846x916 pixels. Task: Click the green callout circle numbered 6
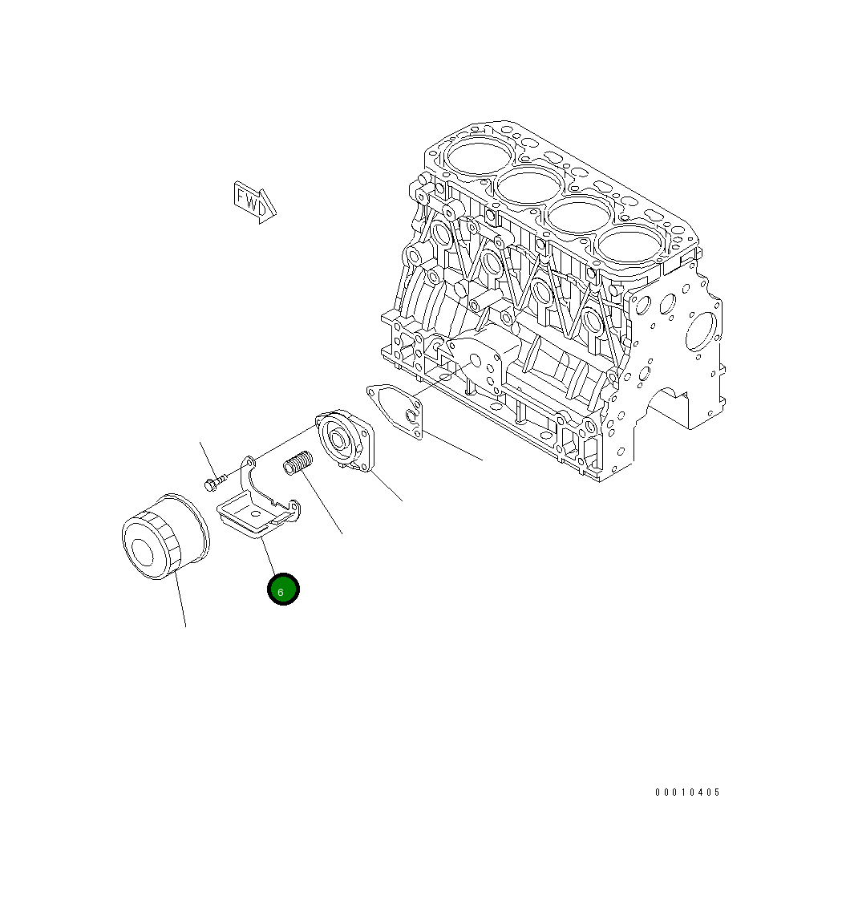click(x=283, y=590)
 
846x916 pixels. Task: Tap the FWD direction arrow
click(x=254, y=201)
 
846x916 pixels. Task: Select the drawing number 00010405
click(x=687, y=792)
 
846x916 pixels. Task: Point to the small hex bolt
click(x=214, y=483)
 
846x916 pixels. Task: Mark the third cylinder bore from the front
click(x=577, y=216)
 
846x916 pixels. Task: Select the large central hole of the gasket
click(x=411, y=416)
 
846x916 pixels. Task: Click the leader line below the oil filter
click(x=181, y=602)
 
